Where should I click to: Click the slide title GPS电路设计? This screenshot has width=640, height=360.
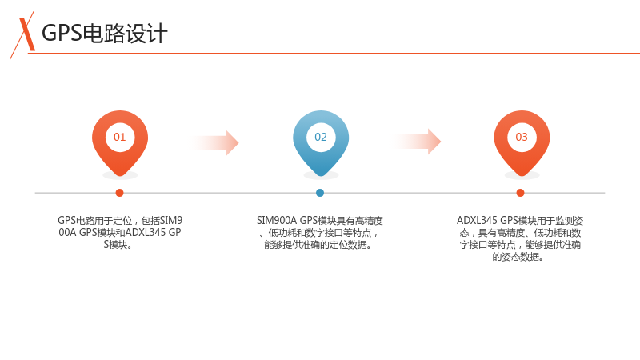(105, 34)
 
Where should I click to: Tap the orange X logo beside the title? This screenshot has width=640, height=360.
(23, 35)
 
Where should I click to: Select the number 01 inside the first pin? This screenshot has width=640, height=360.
(119, 137)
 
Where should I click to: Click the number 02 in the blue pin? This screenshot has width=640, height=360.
(321, 137)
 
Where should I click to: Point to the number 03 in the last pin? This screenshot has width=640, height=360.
(522, 137)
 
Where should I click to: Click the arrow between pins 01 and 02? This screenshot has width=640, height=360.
(214, 143)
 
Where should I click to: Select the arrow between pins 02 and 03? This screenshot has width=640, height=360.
(416, 142)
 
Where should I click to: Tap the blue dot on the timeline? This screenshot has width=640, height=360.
(320, 193)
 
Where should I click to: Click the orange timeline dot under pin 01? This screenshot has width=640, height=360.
(119, 193)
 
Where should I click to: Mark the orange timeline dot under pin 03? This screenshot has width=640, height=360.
(521, 193)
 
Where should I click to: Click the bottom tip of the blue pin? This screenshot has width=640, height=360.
(321, 176)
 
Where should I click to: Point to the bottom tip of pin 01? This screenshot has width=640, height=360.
(120, 176)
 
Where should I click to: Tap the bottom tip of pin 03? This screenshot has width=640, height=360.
(522, 176)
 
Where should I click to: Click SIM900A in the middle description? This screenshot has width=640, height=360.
(277, 221)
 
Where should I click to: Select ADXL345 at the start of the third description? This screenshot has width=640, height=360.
(477, 221)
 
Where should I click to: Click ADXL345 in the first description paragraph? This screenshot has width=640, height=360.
(146, 233)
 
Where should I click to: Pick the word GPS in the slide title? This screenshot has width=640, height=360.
(62, 34)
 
